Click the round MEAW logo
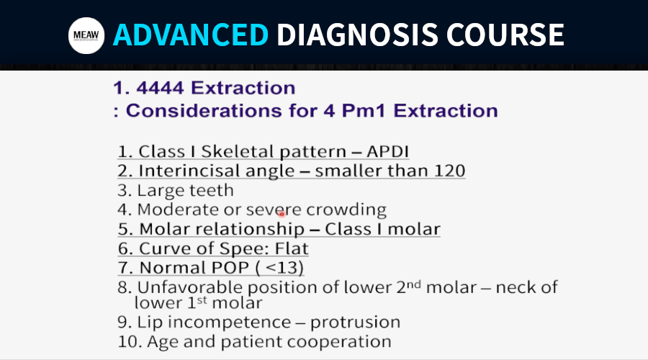(x=86, y=35)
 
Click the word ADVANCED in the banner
(x=191, y=35)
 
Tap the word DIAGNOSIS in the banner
(x=357, y=35)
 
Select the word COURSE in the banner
(x=505, y=35)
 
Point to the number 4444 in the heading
(x=160, y=88)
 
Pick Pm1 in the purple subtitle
(x=364, y=111)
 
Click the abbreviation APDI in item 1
(x=387, y=152)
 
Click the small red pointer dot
(x=282, y=214)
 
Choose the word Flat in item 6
(x=292, y=248)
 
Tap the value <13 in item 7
(x=282, y=268)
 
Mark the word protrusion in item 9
(x=356, y=323)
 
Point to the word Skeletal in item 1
(x=238, y=152)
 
